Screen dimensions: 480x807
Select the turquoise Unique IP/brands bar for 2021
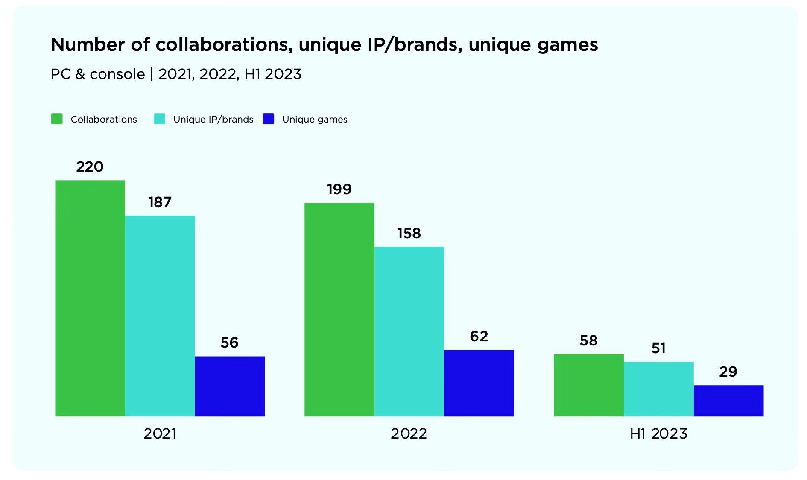160,316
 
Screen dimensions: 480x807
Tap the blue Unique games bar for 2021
230,386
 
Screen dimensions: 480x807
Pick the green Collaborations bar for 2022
339,309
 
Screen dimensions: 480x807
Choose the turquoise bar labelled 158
409,331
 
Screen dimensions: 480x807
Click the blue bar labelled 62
479,383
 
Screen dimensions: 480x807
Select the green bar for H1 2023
589,385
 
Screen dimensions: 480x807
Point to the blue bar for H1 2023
728,401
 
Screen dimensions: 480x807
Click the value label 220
90,167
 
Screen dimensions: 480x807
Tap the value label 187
160,202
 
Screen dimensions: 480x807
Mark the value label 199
339,189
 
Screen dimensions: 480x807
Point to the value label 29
728,372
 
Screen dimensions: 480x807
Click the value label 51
658,348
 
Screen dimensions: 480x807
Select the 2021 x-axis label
160,434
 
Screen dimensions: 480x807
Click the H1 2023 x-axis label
658,434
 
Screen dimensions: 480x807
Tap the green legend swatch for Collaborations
57,119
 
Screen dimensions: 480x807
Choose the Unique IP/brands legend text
213,120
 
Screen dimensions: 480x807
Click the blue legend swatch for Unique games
268,119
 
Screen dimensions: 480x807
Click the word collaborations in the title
224,44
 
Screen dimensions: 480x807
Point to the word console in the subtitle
117,74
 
